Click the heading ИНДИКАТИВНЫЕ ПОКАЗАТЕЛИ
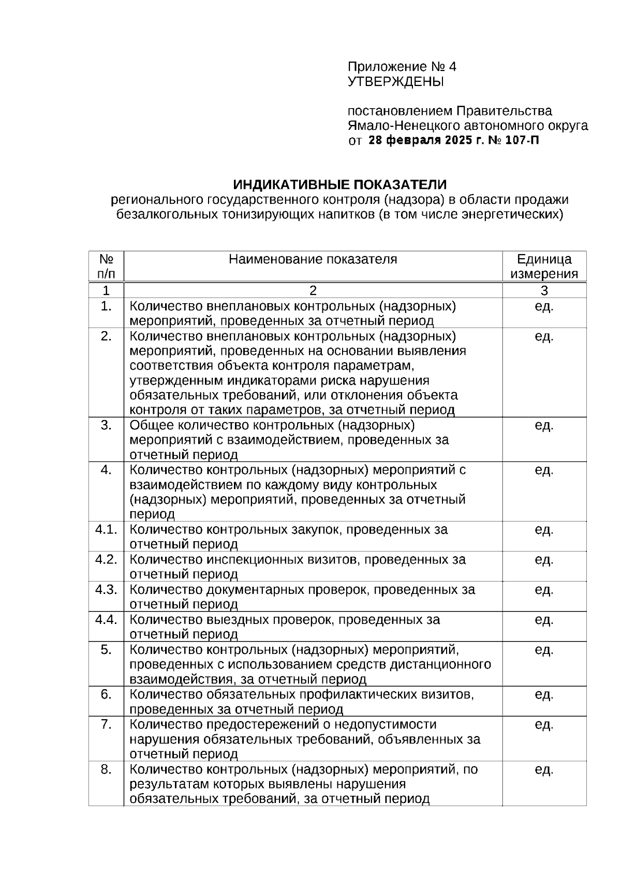point(339,185)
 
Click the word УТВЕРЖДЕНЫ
point(395,82)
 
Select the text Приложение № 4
point(402,67)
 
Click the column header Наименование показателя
point(313,259)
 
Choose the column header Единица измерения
point(544,266)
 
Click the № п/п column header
point(106,266)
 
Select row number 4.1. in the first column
point(106,530)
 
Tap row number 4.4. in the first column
point(106,620)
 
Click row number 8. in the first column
point(106,770)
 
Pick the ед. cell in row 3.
point(544,426)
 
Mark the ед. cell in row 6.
point(544,695)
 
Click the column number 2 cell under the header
point(313,290)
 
